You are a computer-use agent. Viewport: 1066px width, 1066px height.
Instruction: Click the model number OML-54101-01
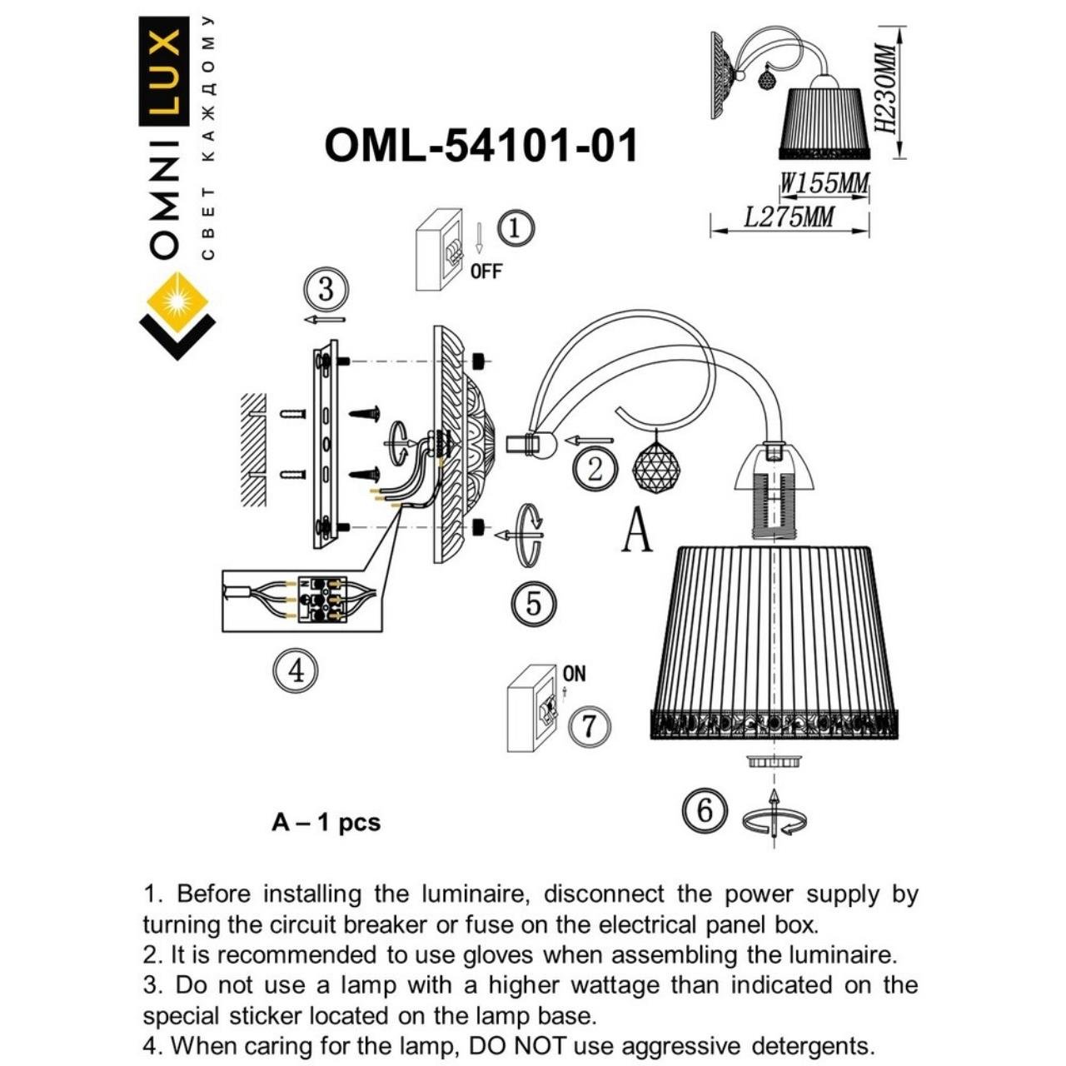coord(481,146)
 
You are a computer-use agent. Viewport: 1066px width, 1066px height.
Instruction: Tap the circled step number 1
coord(515,228)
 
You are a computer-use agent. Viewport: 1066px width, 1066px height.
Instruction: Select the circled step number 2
coord(595,469)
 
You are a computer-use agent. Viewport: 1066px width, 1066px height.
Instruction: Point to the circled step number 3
coord(326,290)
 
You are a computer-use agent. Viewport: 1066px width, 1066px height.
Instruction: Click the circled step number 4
coord(296,670)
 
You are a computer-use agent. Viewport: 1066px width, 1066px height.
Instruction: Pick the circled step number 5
coord(534,604)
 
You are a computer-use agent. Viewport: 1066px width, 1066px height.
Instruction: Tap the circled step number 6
coord(704,809)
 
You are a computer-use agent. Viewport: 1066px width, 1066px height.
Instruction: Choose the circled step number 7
coord(589,725)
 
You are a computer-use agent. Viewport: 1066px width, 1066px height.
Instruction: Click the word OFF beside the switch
coord(486,271)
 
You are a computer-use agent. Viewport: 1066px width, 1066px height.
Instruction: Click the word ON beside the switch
coord(574,673)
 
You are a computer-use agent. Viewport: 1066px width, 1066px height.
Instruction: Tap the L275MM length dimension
coord(788,218)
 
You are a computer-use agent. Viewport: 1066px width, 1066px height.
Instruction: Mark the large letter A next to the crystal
coord(637,531)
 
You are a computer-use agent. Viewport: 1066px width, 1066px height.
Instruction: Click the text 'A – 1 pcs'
coord(326,823)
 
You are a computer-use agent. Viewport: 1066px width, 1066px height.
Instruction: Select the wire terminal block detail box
coord(302,600)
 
